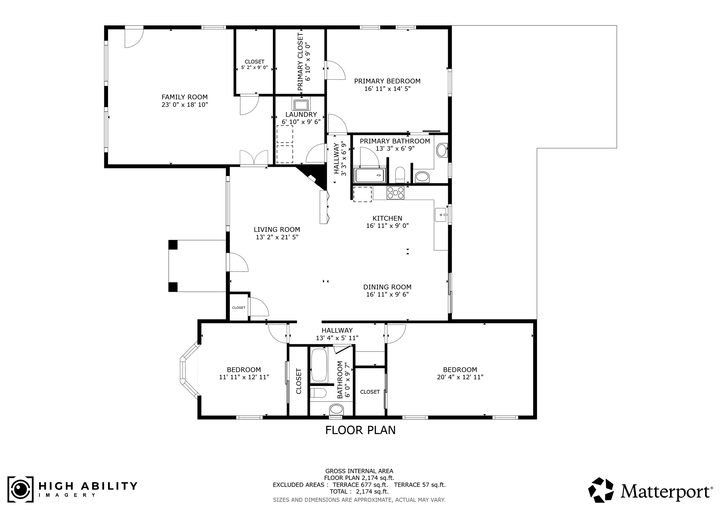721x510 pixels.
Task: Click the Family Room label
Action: tap(184, 97)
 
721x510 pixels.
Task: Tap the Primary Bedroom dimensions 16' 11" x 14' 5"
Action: tap(387, 89)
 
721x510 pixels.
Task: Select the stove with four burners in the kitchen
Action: tap(395, 193)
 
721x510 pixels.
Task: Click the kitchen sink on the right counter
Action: tap(440, 214)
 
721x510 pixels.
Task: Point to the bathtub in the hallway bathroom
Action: tap(319, 365)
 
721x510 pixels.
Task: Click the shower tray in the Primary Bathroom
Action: tap(370, 175)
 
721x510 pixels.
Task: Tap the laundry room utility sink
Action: tap(301, 105)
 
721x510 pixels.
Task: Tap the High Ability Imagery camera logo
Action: tap(20, 489)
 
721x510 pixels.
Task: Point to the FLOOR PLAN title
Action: tap(360, 430)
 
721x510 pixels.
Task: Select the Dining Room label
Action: tap(387, 287)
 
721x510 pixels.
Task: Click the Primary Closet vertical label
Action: tap(300, 62)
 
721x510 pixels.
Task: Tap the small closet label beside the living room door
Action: tap(239, 307)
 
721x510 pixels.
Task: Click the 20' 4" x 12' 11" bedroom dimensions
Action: tap(460, 377)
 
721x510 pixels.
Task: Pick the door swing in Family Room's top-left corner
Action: tap(133, 37)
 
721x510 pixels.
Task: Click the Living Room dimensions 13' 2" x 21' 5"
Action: tap(277, 237)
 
